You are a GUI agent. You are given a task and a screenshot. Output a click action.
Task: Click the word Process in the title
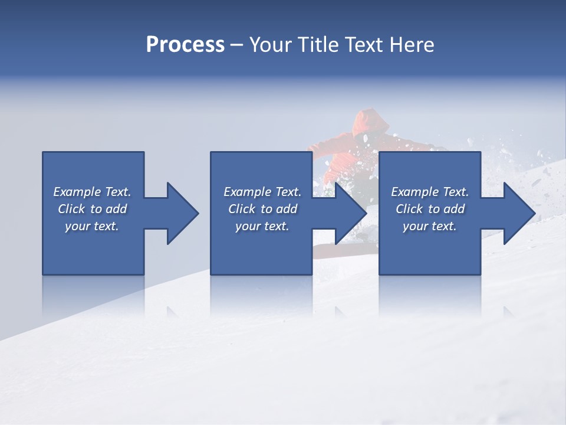(x=185, y=45)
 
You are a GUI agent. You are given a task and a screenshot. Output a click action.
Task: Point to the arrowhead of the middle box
(x=350, y=213)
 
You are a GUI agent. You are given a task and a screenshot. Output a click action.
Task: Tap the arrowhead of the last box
(x=518, y=213)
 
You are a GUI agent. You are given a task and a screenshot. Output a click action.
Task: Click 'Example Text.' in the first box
(x=92, y=192)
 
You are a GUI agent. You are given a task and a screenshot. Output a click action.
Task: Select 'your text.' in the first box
(x=92, y=226)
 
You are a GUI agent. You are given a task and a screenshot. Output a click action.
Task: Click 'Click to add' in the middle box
(x=262, y=209)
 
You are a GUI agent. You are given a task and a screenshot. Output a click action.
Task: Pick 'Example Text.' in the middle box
(x=262, y=192)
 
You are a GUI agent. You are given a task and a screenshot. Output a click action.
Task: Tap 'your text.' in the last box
(x=430, y=226)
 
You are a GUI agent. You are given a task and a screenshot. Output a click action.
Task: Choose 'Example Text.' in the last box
(x=430, y=192)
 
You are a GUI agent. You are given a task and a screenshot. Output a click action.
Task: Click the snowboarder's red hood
(x=370, y=121)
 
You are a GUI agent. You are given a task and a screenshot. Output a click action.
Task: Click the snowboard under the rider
(x=342, y=251)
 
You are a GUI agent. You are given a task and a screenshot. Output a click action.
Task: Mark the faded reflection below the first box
(x=93, y=295)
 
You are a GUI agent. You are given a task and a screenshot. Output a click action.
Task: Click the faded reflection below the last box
(x=429, y=295)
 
